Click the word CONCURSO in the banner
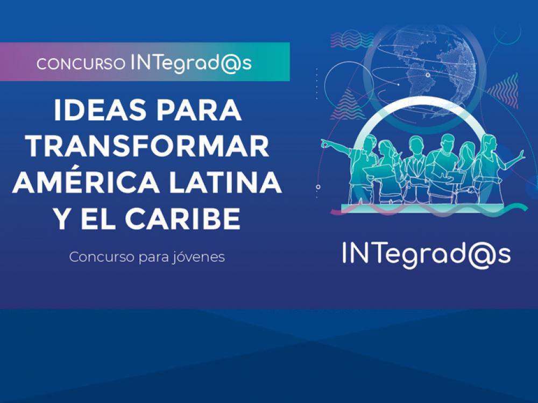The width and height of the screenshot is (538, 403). pos(81,64)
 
